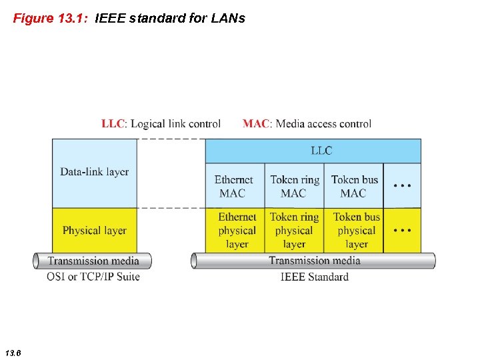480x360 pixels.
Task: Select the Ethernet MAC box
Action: click(x=234, y=186)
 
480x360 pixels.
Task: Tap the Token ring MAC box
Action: click(x=294, y=186)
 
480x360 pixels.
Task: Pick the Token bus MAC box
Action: click(x=354, y=186)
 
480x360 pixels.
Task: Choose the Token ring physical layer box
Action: click(x=294, y=230)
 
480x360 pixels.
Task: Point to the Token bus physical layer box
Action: click(x=356, y=230)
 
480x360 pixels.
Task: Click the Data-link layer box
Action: click(x=95, y=172)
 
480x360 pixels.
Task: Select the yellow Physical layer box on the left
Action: click(x=95, y=230)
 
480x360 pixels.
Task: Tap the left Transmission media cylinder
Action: click(x=93, y=261)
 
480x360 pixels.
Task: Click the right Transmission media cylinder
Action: click(x=314, y=261)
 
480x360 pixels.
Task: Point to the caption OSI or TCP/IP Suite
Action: click(x=93, y=276)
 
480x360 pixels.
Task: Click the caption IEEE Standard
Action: click(x=315, y=276)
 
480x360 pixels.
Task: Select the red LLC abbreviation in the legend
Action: click(x=113, y=123)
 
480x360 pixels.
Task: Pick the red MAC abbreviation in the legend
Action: click(x=257, y=123)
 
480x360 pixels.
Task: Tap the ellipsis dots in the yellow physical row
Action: click(x=403, y=230)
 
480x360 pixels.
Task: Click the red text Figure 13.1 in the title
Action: click(x=51, y=18)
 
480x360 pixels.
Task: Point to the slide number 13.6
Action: click(x=13, y=351)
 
